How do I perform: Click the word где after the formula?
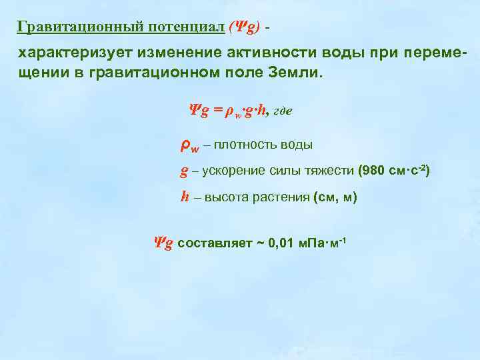click(280, 113)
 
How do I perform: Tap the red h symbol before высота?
click(185, 197)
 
